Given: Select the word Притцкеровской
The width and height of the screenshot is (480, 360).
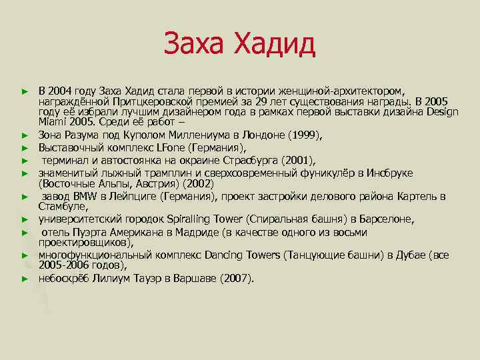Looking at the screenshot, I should click(157, 101).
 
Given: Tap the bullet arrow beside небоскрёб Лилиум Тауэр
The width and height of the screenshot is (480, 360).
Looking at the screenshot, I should click(25, 279).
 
